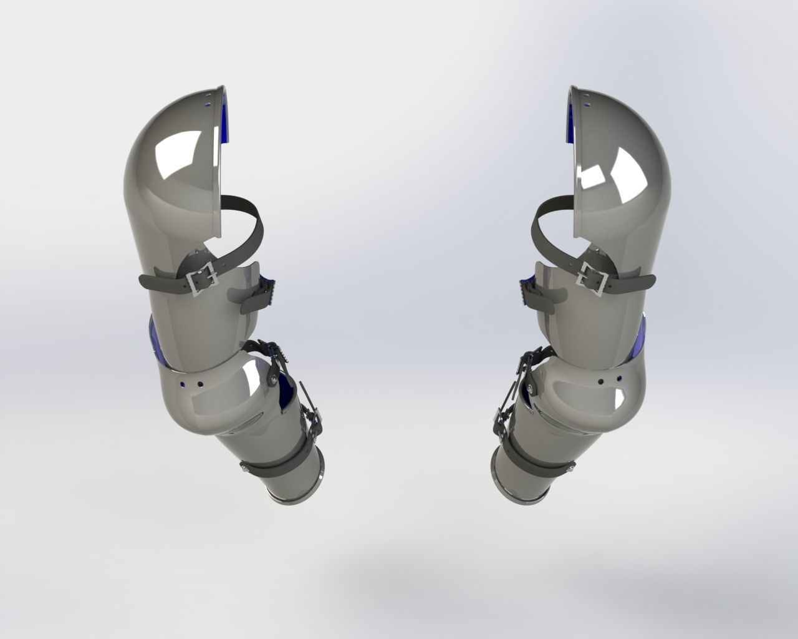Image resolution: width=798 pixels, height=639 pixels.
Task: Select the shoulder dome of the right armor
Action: [x=623, y=156]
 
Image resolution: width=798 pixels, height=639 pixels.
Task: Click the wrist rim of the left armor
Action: [x=293, y=493]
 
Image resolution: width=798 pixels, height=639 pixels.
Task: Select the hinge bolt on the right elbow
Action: [x=529, y=388]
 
